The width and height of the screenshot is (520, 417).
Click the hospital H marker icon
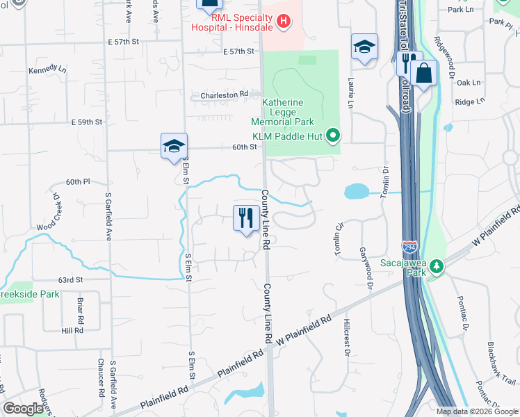coord(283,22)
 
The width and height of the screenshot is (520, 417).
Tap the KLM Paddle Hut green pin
coord(333,135)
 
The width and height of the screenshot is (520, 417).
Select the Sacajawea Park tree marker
coord(436,265)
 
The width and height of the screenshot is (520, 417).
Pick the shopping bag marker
coord(423,72)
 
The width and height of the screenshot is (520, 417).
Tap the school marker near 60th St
coord(174,146)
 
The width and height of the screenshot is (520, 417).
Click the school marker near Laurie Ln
coord(364,47)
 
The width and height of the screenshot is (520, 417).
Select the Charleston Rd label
coord(225,95)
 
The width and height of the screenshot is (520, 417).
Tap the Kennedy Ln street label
coord(47,71)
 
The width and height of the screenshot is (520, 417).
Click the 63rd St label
coord(70,279)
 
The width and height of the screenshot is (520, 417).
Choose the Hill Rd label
coord(72,331)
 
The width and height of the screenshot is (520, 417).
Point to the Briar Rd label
coord(81,309)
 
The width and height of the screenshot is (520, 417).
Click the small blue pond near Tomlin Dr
coord(356,191)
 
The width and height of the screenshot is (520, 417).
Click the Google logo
coord(23,409)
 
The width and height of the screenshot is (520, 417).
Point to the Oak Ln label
coord(468,82)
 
